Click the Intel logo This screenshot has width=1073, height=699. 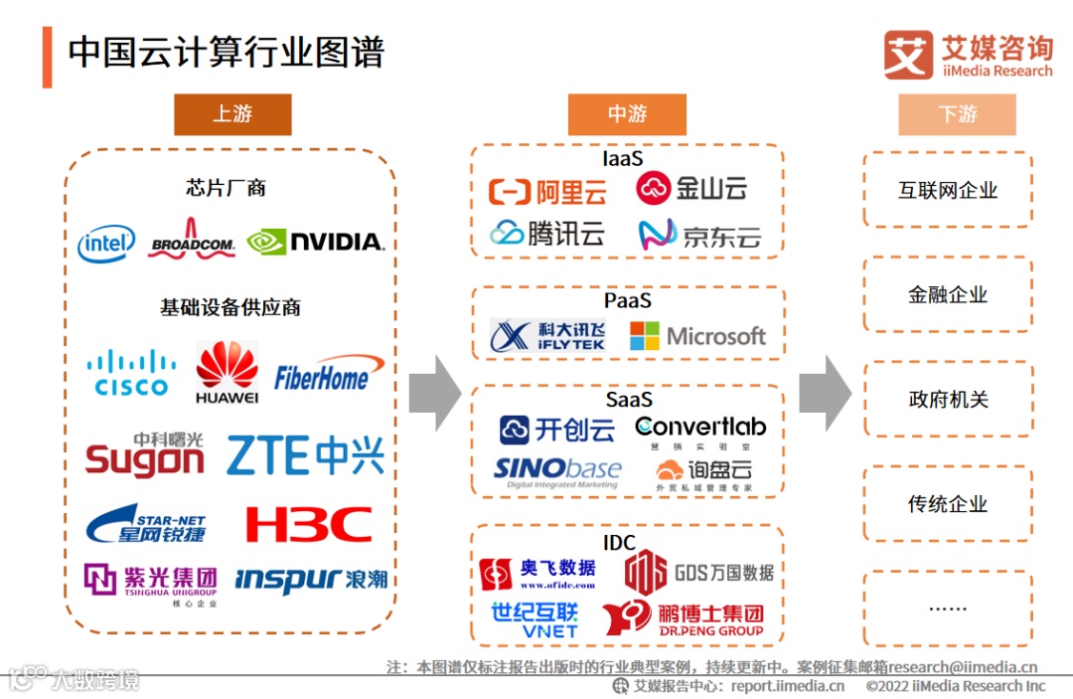[106, 243]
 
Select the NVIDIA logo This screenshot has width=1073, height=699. [315, 242]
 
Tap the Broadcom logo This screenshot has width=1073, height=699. [192, 240]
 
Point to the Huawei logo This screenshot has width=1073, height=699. [227, 372]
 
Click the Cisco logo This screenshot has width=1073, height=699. [131, 373]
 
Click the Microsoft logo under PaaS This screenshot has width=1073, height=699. [697, 336]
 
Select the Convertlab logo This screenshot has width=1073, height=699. [701, 430]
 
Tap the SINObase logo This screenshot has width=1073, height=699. [557, 471]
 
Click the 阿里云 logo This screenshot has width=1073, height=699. [547, 190]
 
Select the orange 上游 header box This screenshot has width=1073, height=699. [232, 114]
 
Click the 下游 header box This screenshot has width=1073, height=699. [957, 114]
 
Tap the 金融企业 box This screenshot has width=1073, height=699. [948, 294]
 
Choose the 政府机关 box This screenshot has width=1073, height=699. [948, 399]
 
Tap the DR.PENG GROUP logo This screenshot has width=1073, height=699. [683, 618]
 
